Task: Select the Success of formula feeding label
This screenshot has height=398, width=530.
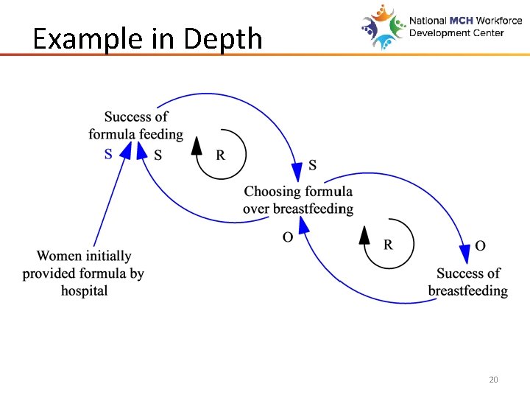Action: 136,125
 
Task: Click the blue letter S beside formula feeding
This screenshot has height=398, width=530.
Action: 109,154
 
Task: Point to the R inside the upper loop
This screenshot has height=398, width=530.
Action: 220,155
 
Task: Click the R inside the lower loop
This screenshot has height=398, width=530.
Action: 388,245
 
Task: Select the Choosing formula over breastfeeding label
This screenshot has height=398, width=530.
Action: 298,200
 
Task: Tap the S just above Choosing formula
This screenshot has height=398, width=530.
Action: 312,164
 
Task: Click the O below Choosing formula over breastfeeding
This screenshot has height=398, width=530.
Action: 288,237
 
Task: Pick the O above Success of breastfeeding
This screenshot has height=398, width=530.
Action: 480,245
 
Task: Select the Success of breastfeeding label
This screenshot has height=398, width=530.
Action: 468,282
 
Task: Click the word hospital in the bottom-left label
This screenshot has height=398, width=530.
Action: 84,290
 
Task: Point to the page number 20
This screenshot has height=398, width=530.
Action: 493,380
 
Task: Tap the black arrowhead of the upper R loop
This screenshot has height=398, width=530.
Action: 197,145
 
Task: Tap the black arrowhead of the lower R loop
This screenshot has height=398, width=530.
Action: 364,235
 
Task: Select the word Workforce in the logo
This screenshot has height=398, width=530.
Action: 500,21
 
